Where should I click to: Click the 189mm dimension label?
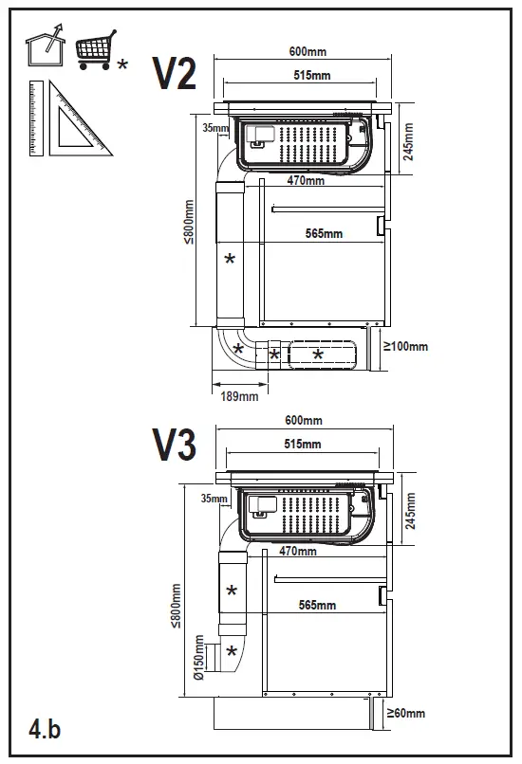[x=239, y=396]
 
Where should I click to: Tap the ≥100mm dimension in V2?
[x=404, y=347]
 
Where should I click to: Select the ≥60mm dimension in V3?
[x=404, y=714]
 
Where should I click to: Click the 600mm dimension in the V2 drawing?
[x=304, y=52]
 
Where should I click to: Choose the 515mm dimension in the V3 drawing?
[x=303, y=444]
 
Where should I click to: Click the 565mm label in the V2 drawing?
[x=324, y=234]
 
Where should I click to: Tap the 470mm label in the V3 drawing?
[x=301, y=550]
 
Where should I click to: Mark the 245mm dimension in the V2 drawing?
[x=408, y=141]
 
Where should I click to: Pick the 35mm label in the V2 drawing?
[x=214, y=128]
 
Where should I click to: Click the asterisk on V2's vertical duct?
[x=229, y=259]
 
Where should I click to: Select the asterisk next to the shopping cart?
[x=123, y=64]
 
